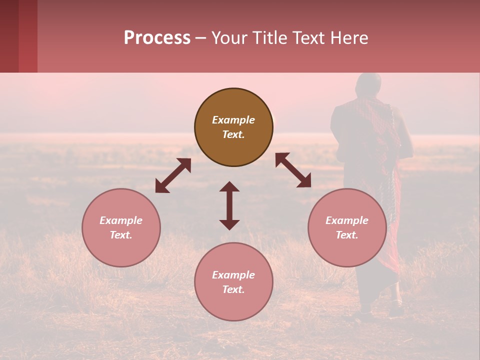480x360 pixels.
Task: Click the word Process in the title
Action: click(x=157, y=38)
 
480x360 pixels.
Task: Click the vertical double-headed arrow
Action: click(x=229, y=205)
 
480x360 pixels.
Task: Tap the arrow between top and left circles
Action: click(x=173, y=175)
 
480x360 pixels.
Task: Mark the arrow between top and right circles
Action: click(x=293, y=170)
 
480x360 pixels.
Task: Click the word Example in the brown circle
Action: click(x=233, y=120)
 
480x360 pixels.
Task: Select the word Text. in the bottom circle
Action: click(x=233, y=289)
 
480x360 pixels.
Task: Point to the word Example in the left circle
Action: click(x=121, y=220)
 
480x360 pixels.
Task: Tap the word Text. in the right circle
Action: click(x=347, y=235)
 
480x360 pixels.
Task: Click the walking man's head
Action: click(x=368, y=85)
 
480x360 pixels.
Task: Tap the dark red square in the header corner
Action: click(x=18, y=36)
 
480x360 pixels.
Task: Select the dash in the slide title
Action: click(x=200, y=38)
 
